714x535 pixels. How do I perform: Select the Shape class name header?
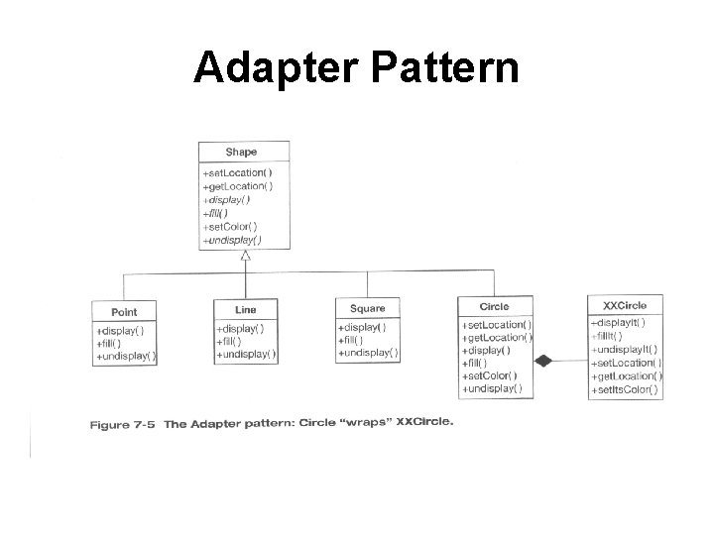pyautogui.click(x=241, y=152)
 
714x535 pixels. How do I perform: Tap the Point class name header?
pyautogui.click(x=124, y=312)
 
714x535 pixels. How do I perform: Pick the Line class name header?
pyautogui.click(x=245, y=310)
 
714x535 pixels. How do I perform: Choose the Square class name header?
pyautogui.click(x=368, y=308)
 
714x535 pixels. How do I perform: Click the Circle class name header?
pyautogui.click(x=494, y=306)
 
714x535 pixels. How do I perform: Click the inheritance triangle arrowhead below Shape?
pyautogui.click(x=245, y=256)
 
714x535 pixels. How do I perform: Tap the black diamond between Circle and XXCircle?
pyautogui.click(x=542, y=362)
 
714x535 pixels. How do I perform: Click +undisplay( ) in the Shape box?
pyautogui.click(x=232, y=239)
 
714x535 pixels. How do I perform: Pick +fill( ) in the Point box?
pyautogui.click(x=111, y=342)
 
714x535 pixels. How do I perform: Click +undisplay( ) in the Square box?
pyautogui.click(x=368, y=352)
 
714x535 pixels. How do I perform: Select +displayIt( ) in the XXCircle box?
pyautogui.click(x=619, y=322)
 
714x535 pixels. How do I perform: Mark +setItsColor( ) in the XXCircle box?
pyautogui.click(x=626, y=390)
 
